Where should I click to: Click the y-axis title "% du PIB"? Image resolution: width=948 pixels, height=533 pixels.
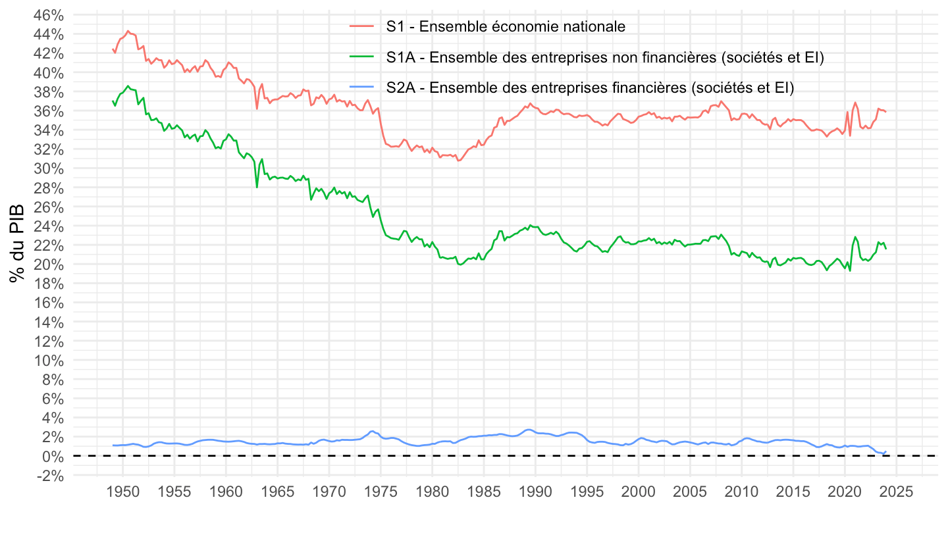coord(17,243)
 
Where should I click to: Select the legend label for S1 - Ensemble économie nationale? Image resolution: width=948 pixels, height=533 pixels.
coord(506,27)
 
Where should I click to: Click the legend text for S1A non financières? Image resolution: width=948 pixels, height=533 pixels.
coord(605,58)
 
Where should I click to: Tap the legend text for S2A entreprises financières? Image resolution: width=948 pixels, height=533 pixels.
coord(591,88)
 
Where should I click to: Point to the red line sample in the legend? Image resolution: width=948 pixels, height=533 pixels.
coord(362,27)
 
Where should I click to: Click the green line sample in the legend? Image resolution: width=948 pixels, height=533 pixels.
coord(362,58)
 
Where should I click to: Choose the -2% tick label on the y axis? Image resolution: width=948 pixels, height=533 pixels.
coord(51,475)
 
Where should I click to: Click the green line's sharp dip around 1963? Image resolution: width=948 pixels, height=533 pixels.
coord(257,188)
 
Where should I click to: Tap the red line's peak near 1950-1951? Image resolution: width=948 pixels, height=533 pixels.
coord(128,30)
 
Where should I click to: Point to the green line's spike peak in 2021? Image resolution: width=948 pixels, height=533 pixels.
coord(855,237)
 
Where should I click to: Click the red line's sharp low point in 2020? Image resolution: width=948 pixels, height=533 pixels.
coord(850,136)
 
